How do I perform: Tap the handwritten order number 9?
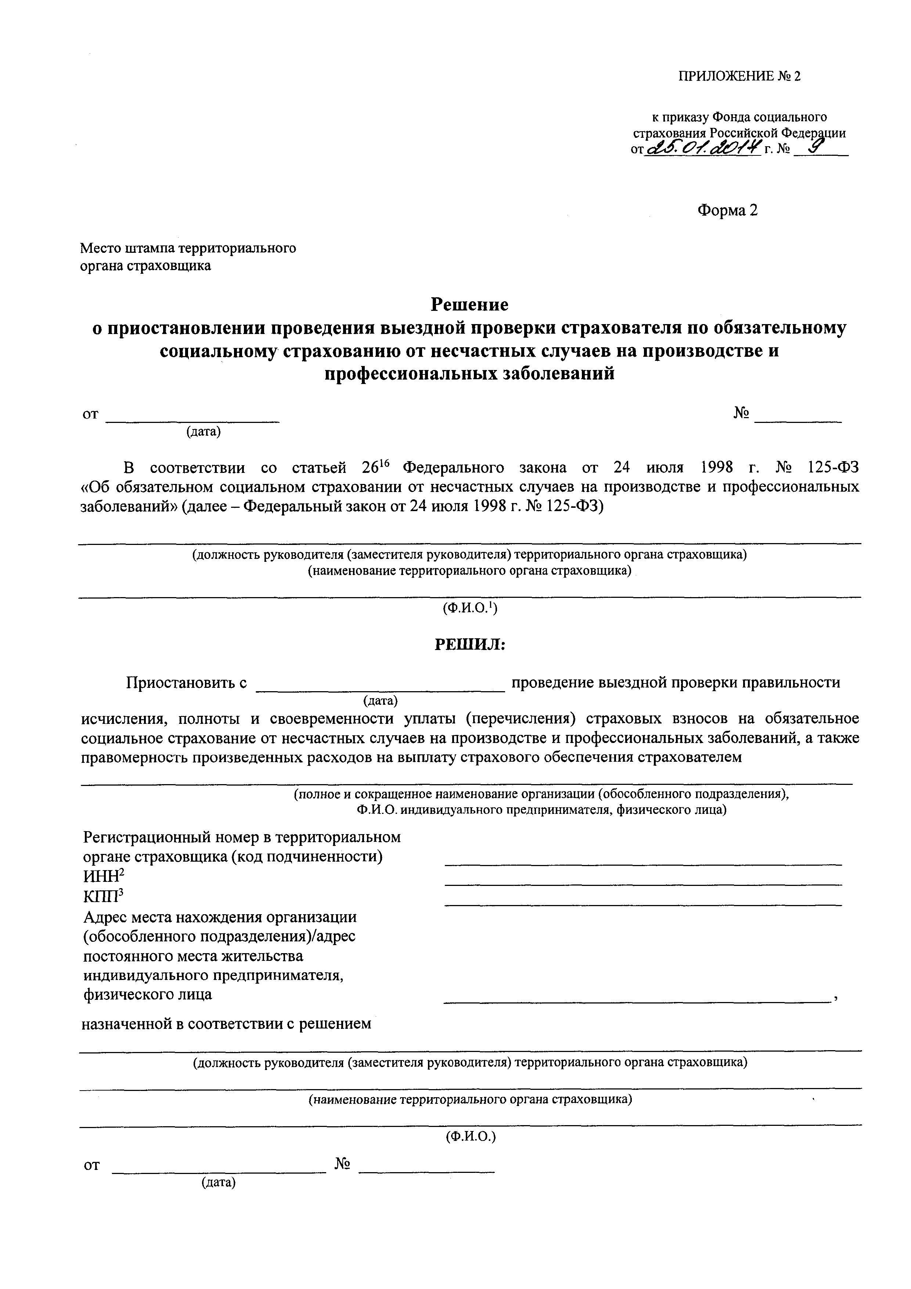click(x=812, y=147)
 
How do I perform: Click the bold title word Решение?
click(x=469, y=304)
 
